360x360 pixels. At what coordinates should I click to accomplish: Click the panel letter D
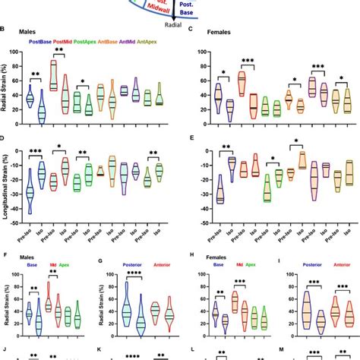pyautogui.click(x=5, y=139)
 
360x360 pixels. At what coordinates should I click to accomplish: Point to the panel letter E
pyautogui.click(x=191, y=139)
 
